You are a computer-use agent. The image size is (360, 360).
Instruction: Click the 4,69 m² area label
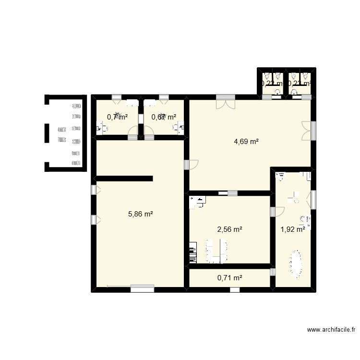click(x=246, y=142)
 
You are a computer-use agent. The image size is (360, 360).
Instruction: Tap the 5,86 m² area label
click(x=140, y=214)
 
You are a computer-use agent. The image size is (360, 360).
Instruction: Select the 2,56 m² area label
click(x=229, y=229)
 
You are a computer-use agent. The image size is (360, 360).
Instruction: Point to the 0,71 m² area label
click(x=229, y=277)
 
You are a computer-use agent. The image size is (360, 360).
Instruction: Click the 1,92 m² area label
click(x=293, y=229)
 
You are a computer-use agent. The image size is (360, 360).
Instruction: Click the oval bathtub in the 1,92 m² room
click(x=296, y=264)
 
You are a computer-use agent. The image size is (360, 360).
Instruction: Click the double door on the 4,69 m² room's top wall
click(x=225, y=102)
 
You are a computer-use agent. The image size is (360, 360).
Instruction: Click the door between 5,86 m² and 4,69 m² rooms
click(x=191, y=164)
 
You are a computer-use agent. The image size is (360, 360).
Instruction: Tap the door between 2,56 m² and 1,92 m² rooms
click(x=276, y=211)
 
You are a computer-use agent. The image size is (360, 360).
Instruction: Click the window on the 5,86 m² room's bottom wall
click(x=142, y=288)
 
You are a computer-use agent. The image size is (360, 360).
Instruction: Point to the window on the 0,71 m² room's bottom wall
click(x=234, y=290)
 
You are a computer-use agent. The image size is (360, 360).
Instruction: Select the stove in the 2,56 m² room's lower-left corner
click(x=193, y=252)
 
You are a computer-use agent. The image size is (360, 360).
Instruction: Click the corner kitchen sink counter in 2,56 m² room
click(x=197, y=202)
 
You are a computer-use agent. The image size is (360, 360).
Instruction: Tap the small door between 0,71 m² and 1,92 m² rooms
click(x=273, y=272)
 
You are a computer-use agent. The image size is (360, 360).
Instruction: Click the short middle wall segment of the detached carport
click(x=47, y=133)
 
